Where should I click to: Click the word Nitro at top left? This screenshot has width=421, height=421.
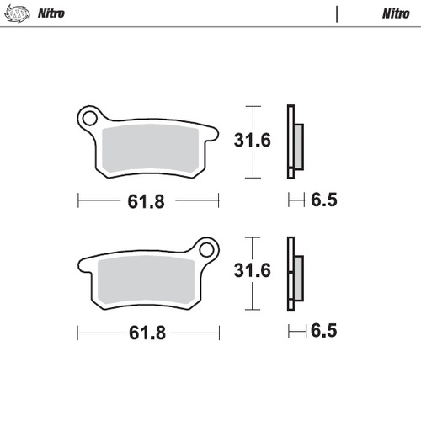point(51,14)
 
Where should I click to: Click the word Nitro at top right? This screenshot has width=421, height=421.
point(395,14)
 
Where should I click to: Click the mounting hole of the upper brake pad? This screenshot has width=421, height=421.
point(88,117)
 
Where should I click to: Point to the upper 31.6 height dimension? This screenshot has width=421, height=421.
point(253,141)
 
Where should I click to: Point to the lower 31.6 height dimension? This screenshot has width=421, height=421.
point(253,271)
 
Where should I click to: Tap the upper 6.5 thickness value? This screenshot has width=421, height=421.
point(323,201)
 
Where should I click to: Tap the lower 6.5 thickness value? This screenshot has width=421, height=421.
point(323,331)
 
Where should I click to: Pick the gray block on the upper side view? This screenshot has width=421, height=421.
point(298,145)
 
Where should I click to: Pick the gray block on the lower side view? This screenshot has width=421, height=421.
point(298,275)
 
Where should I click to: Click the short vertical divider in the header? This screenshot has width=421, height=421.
point(337,14)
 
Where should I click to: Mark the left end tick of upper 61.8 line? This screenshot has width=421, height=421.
point(78,201)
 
